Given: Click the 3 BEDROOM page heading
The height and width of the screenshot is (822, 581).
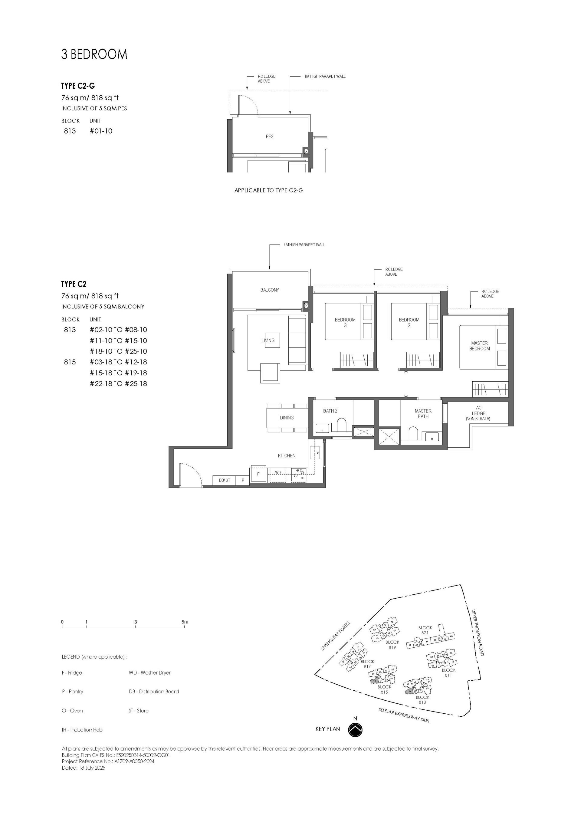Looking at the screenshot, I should coord(94,54).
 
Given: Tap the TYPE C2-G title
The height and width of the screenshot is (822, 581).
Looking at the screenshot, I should coord(78,86).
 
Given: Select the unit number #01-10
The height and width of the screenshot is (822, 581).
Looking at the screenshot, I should coord(101,131).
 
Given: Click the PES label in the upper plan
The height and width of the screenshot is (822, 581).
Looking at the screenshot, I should coord(270,136).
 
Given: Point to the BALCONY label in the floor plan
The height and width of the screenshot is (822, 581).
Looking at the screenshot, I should coord(270,290).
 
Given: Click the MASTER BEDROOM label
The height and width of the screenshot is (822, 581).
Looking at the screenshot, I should coord(479,346).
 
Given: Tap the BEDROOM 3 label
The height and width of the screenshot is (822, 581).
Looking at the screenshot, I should coord(345,323).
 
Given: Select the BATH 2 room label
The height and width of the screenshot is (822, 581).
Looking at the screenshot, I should coord(330,411).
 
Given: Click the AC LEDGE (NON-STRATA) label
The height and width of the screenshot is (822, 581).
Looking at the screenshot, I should coord(478,413).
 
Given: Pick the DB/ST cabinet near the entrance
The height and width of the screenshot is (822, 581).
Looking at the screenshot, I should coord(225,480).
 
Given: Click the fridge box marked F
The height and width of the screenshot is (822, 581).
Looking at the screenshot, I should coord(258,474).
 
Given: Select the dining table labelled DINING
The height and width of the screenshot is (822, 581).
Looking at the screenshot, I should coord(287,418).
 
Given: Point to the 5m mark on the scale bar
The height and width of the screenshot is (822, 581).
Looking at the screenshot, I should coord(185,622).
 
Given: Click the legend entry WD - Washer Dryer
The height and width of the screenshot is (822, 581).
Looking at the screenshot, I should coord(149,673).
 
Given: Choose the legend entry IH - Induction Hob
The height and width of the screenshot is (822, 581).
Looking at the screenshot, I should coord(82,730).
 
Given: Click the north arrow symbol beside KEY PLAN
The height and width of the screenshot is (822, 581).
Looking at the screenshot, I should coord(355,729).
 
